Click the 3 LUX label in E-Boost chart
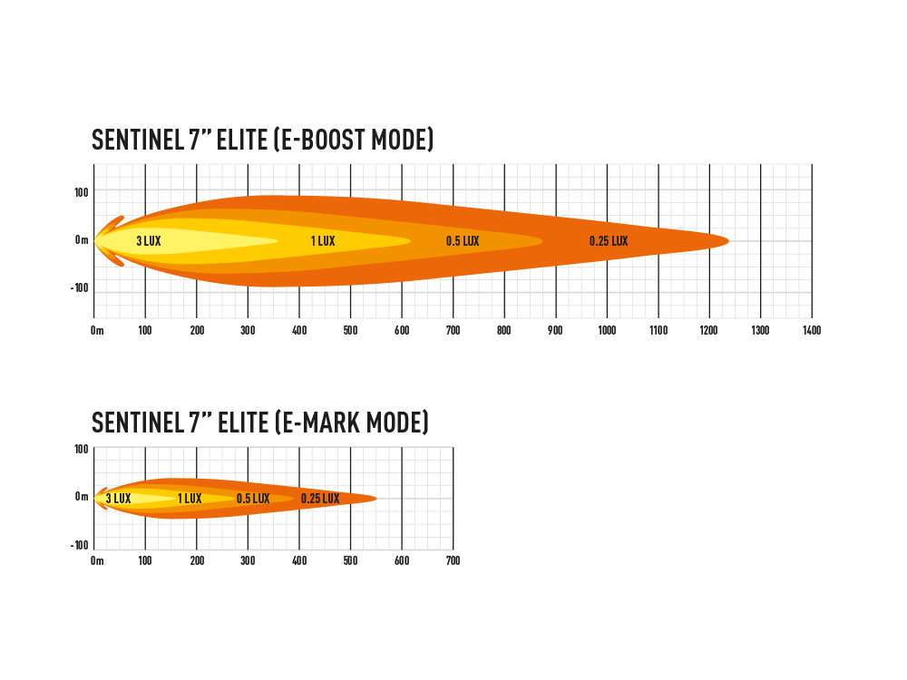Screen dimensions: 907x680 (149, 241)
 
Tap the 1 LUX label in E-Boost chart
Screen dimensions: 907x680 (324, 241)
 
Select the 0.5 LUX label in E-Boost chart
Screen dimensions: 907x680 (463, 241)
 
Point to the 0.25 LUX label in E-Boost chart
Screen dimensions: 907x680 (609, 241)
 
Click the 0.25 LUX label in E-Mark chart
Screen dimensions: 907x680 (320, 499)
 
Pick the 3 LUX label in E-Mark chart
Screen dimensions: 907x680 (119, 499)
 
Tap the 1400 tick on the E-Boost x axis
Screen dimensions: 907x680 (812, 330)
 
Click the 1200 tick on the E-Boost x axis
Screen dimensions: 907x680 (708, 330)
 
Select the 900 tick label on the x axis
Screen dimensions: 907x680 (555, 330)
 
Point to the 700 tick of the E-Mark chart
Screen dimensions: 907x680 (453, 560)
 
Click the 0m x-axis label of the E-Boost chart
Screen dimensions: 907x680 (97, 330)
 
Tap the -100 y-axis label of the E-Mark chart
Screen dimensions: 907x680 (79, 545)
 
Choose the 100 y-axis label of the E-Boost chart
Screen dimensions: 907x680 (82, 192)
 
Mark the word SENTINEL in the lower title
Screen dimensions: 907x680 (138, 423)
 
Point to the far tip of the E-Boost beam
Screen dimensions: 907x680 (729, 240)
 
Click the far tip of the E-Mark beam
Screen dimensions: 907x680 (376, 498)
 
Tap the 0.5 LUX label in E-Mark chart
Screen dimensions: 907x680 (253, 499)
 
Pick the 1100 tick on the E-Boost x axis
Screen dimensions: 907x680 (658, 330)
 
